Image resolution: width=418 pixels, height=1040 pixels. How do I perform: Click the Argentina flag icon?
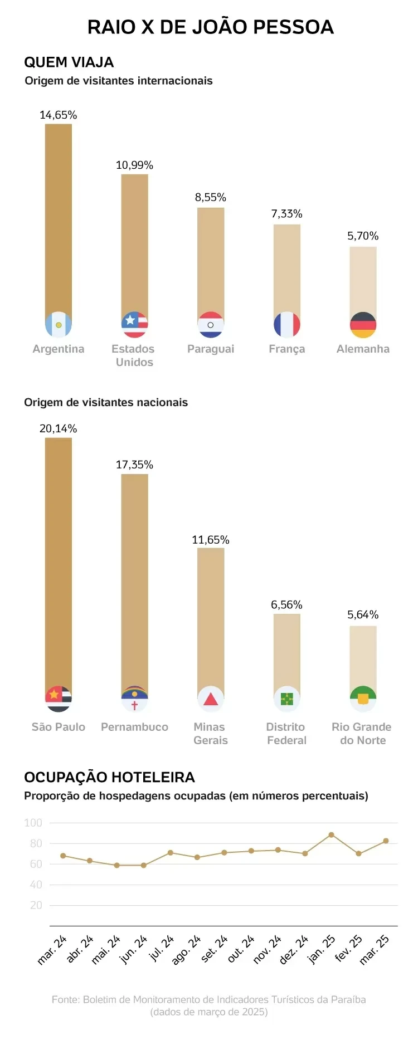pos(59,325)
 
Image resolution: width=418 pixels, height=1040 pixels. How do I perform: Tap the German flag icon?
pos(363,325)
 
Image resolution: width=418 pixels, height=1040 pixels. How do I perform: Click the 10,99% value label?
pos(134,165)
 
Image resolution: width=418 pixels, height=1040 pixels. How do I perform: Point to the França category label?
pos(286,349)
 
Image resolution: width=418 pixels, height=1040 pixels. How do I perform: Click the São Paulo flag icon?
pos(59,699)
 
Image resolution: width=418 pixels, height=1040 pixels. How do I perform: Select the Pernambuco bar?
pos(134,579)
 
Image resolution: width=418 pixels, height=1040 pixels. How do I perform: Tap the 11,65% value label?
pos(211,540)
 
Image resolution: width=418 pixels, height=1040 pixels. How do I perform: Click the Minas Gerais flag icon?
pos(211,699)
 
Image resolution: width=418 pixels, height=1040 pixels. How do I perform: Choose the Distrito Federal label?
pos(286,734)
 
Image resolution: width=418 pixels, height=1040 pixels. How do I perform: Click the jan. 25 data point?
pos(331,835)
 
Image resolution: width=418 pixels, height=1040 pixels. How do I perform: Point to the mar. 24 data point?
pos(63,856)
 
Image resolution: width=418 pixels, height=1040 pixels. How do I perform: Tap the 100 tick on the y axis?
pos(33,823)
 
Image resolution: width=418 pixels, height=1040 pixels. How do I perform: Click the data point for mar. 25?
pos(386,841)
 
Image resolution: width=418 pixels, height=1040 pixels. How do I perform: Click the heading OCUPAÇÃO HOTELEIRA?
pos(109,777)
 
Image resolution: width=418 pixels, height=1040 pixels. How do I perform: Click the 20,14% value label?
pos(58,428)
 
